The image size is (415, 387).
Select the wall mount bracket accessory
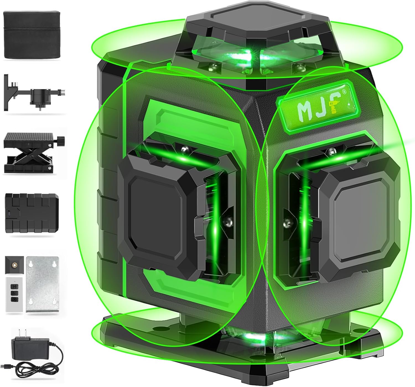click(x=33, y=94)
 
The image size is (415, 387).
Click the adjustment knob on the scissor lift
click(x=61, y=140)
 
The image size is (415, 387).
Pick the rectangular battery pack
click(x=32, y=213)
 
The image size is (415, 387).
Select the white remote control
click(x=14, y=295)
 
